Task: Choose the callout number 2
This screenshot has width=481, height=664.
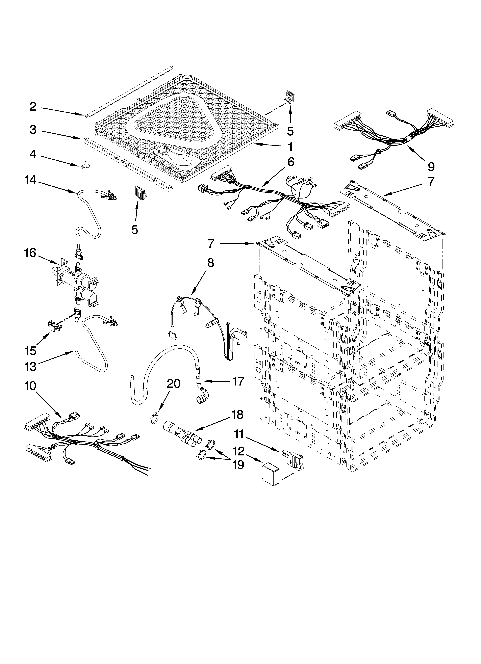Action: pyautogui.click(x=33, y=107)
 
